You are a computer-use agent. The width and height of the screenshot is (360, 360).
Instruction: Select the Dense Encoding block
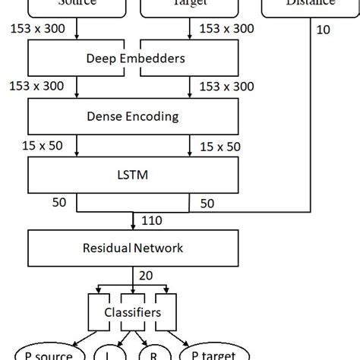pyautogui.click(x=133, y=117)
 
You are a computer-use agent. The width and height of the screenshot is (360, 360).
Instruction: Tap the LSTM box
pyautogui.click(x=133, y=175)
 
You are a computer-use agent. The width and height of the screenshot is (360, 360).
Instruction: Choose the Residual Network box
pyautogui.click(x=133, y=248)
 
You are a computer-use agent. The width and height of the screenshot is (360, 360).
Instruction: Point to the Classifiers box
pyautogui.click(x=133, y=312)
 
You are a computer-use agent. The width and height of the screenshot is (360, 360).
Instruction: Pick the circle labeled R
pyautogui.click(x=153, y=352)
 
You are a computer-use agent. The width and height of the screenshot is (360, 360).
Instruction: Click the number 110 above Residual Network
pyautogui.click(x=150, y=221)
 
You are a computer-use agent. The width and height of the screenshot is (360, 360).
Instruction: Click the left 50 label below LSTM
pyautogui.click(x=60, y=203)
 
